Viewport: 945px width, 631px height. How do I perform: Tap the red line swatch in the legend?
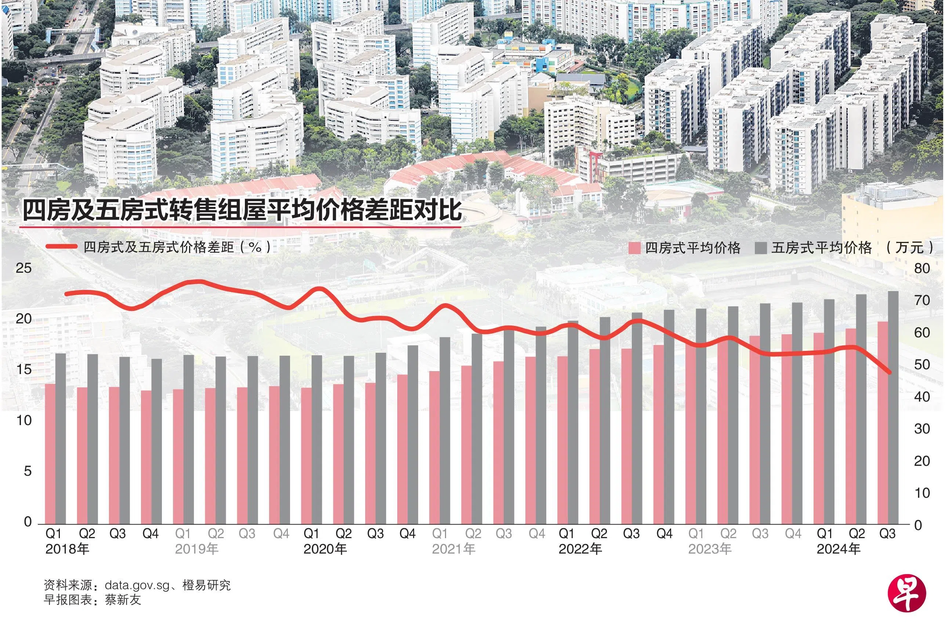(x=61, y=247)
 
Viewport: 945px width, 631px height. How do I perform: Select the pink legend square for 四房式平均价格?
(x=634, y=248)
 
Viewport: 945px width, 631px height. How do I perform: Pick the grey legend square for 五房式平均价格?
(x=760, y=248)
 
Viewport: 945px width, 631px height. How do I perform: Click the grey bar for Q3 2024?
(x=893, y=407)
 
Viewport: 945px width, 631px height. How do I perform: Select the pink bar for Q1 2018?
(x=50, y=454)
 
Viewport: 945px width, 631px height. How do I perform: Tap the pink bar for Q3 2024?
(x=883, y=423)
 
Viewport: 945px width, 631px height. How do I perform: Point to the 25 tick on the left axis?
(x=23, y=268)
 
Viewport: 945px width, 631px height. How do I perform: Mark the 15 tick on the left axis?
(x=23, y=369)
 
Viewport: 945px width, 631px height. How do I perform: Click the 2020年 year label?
(x=325, y=549)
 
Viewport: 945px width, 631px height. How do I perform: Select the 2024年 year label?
(x=838, y=549)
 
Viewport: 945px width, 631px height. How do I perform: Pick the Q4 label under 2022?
(x=664, y=534)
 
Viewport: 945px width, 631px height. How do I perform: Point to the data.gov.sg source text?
(x=137, y=585)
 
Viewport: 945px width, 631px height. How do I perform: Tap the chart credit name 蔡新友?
(x=123, y=599)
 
